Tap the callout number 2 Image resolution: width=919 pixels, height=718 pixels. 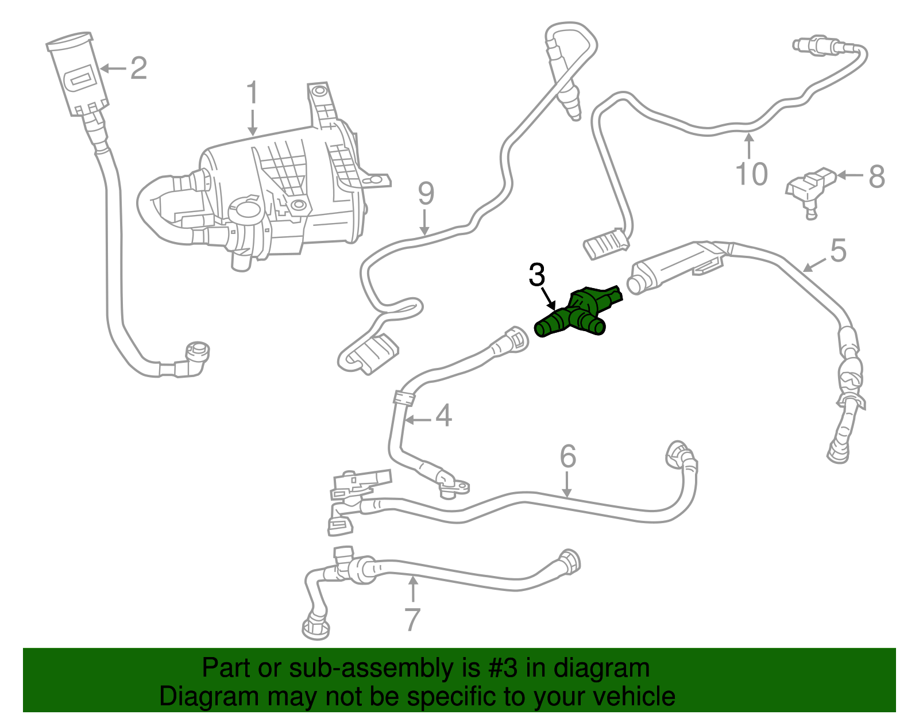138,68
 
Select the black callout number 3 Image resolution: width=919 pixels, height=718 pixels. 536,275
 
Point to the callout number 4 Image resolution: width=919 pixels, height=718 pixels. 443,416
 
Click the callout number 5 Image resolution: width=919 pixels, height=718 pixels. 838,251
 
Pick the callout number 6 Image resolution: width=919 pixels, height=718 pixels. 567,456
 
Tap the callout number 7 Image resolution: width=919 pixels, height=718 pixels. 412,619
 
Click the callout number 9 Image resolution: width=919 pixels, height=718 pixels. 426,194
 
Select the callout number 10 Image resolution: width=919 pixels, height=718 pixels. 751,174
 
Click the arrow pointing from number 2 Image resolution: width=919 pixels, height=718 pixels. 113,68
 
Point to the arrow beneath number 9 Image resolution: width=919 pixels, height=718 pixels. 424,223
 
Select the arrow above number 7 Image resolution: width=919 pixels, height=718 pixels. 412,589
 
